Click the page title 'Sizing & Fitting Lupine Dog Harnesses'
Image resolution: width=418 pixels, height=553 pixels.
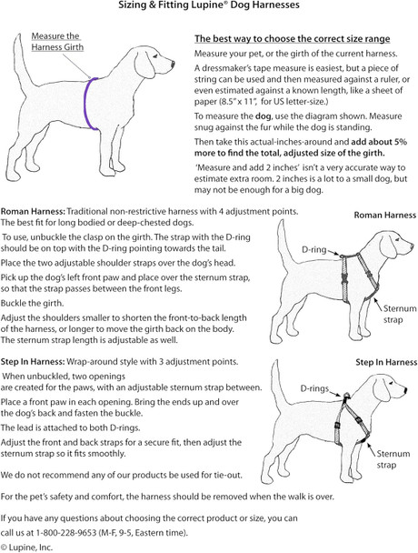click(208, 6)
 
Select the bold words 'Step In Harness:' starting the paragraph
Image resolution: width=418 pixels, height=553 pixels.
click(35, 359)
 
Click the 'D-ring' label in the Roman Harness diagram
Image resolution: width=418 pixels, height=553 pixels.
click(313, 247)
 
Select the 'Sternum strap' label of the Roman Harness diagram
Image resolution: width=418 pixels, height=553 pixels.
click(392, 314)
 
